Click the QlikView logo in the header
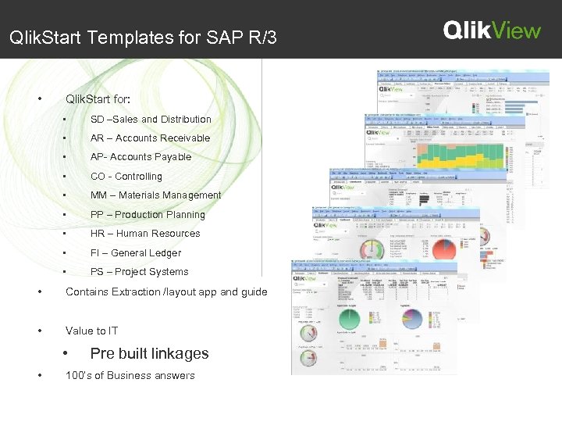[492, 30]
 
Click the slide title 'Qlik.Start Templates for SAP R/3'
[142, 38]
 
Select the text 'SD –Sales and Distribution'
[151, 120]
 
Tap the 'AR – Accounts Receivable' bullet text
[150, 138]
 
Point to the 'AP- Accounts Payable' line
[140, 157]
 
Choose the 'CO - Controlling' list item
[126, 177]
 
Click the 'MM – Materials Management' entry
[155, 195]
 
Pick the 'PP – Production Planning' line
[148, 215]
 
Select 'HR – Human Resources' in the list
[145, 234]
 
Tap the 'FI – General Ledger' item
[136, 253]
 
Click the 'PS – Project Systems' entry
[139, 272]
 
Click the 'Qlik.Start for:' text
[98, 100]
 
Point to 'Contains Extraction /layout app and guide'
[166, 292]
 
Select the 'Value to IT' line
[92, 331]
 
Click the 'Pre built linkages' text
[149, 354]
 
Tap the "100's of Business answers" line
[130, 376]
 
